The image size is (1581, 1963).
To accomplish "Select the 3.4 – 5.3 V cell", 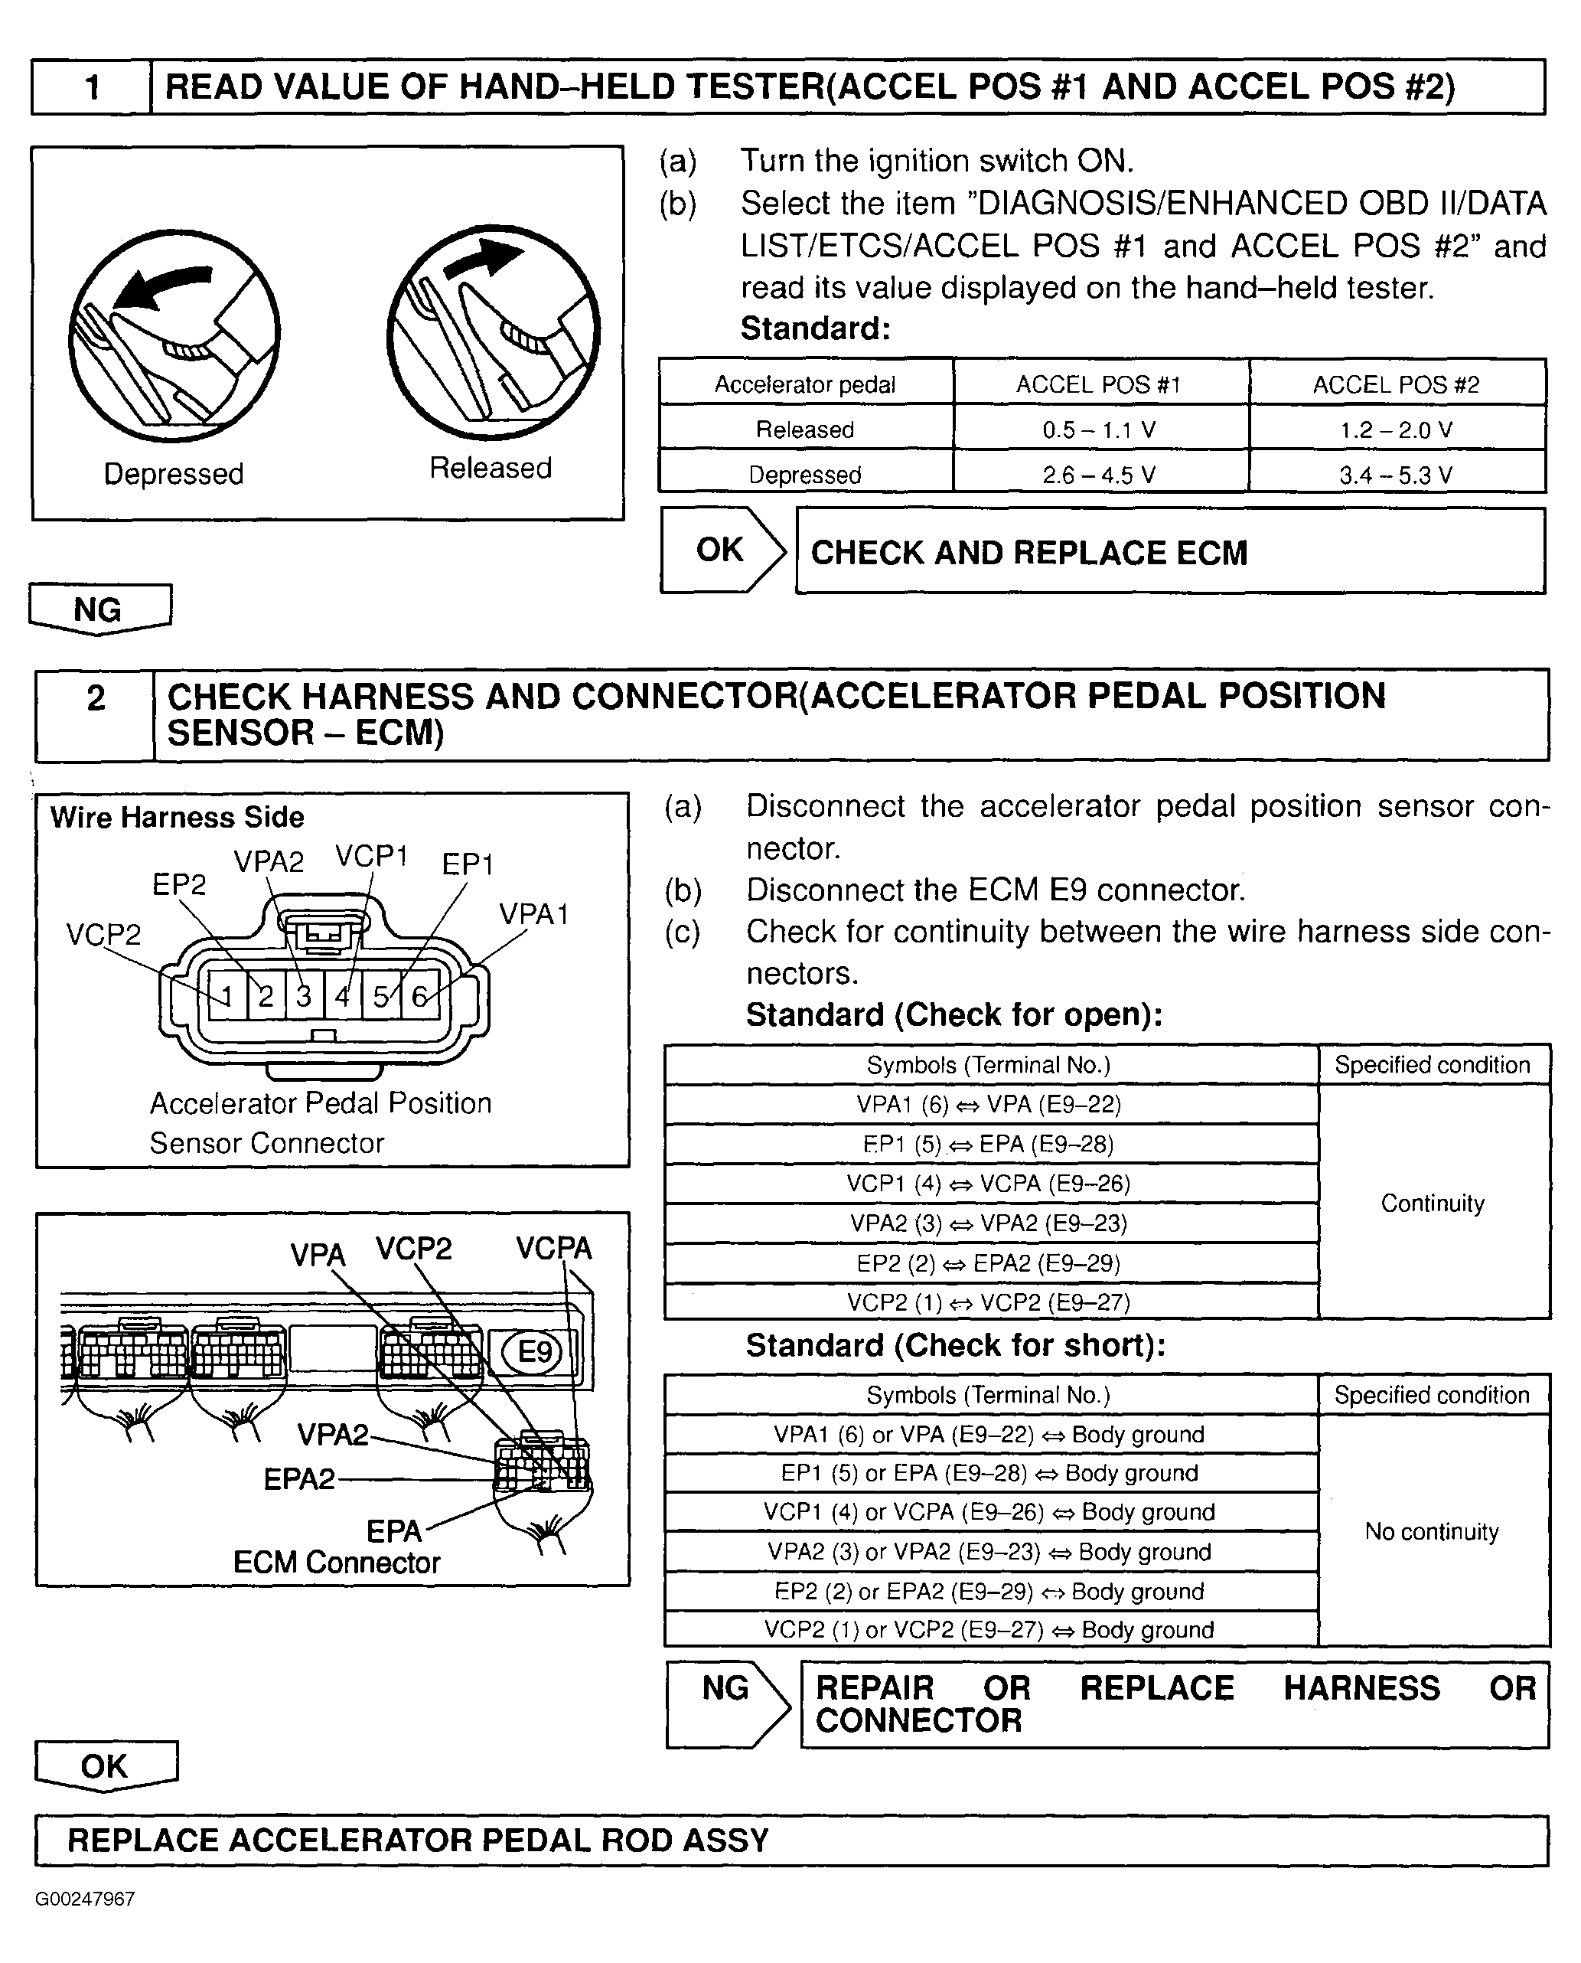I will [1395, 475].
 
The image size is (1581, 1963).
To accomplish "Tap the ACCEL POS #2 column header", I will [1395, 384].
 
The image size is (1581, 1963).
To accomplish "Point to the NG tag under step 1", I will [99, 609].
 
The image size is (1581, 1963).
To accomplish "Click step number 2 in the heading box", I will [96, 697].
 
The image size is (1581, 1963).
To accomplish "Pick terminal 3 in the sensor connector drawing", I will [304, 995].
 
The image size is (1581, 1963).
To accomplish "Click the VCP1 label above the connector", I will [370, 856].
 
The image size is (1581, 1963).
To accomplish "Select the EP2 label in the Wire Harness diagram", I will [178, 884].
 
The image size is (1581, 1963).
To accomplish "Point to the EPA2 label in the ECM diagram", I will [298, 1478].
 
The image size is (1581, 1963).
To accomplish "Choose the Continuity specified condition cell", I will [1432, 1203].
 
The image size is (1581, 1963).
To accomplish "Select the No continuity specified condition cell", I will [1432, 1531].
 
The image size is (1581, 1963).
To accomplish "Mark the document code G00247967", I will [85, 1899].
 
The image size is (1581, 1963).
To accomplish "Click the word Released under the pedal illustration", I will [490, 467].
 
